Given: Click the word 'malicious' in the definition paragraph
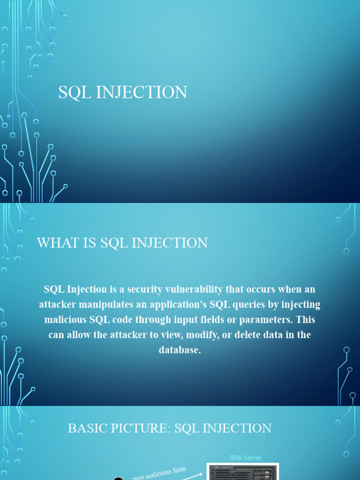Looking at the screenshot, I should tap(65, 320).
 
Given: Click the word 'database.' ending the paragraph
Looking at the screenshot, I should tap(180, 350).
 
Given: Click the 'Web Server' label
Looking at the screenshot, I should tap(245, 457).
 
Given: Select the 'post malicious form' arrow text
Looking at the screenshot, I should tap(159, 473).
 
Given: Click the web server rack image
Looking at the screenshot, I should tap(243, 472).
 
